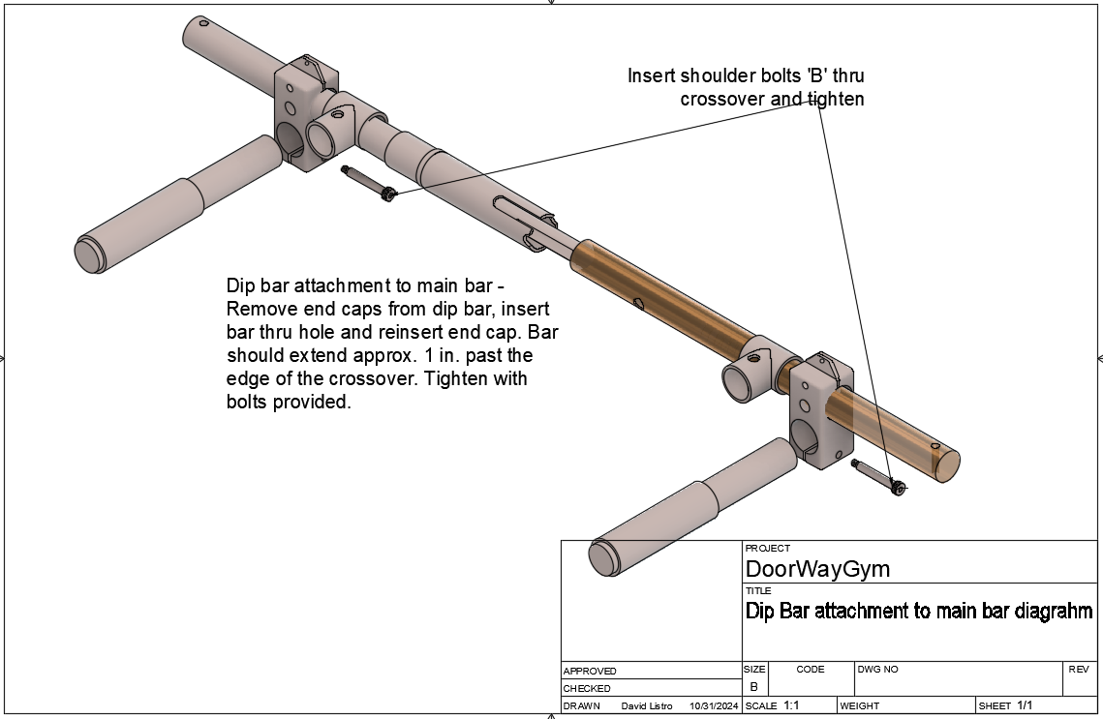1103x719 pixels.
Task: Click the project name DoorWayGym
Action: (x=817, y=568)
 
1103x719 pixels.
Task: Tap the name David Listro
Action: (x=646, y=706)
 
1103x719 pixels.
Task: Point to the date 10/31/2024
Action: (x=714, y=706)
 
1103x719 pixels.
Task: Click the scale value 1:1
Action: (x=791, y=706)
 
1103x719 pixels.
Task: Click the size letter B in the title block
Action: (x=753, y=686)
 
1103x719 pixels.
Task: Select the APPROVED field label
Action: (x=590, y=671)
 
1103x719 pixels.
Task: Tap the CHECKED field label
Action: (x=587, y=688)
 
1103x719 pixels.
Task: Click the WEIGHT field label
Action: (x=860, y=706)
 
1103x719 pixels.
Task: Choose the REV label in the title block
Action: (x=1079, y=669)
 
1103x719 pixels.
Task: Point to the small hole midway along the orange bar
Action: (x=640, y=304)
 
